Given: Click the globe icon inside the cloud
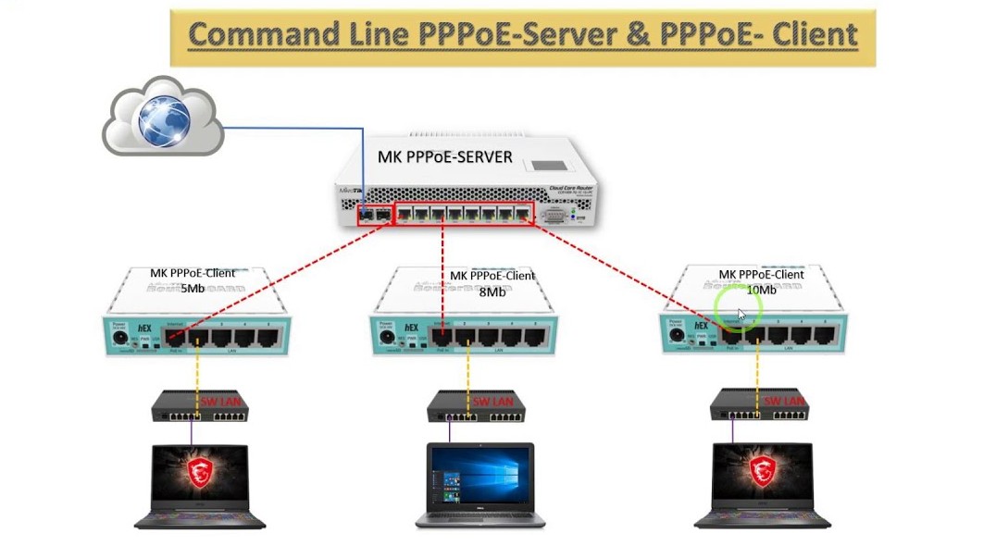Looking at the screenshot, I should (x=164, y=120).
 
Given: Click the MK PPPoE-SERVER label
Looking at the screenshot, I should (x=444, y=157).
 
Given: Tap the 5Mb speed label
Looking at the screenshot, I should (x=193, y=288).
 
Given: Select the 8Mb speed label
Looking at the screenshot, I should (x=492, y=291).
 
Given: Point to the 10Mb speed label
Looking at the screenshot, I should (x=761, y=290).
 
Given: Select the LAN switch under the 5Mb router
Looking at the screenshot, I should (x=199, y=405).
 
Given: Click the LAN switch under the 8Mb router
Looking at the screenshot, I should (x=476, y=405).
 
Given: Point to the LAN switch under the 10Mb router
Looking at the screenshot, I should (x=758, y=405).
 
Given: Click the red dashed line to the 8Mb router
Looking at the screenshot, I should (x=442, y=278).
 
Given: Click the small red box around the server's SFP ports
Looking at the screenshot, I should (x=375, y=215).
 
